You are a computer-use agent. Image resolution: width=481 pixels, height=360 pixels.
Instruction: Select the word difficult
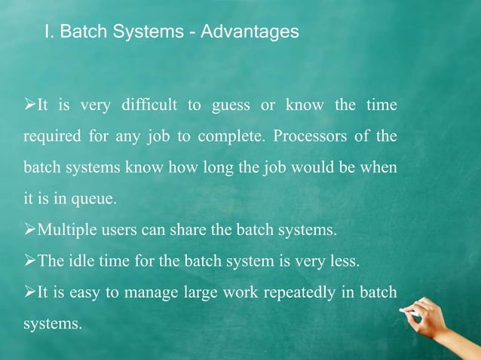149,105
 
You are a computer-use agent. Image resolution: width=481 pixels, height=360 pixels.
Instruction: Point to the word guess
230,105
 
